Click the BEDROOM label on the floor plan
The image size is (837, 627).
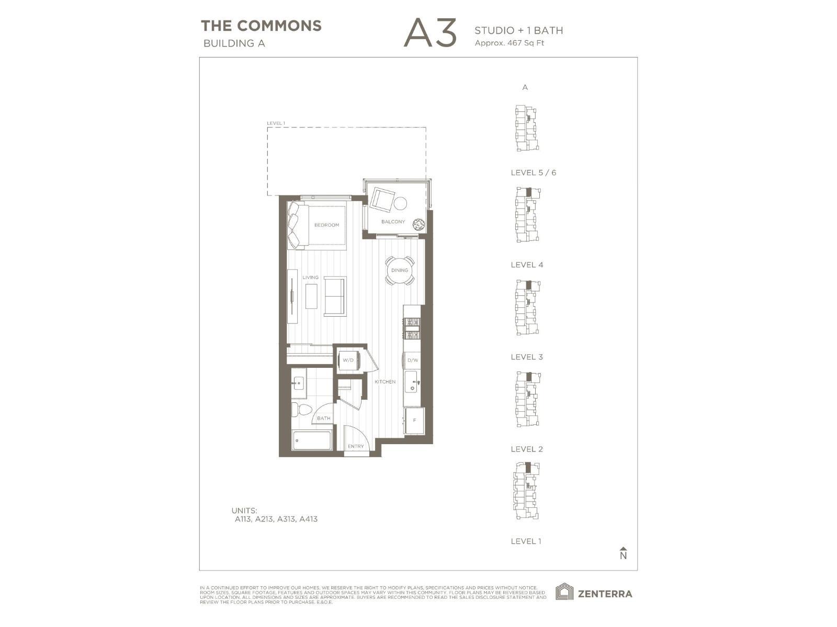pos(326,225)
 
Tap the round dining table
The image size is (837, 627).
pos(400,270)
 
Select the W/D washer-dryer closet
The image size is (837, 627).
pos(348,360)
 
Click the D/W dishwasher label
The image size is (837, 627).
pos(413,361)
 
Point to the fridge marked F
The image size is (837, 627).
pos(414,421)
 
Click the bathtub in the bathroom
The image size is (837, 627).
pos(312,440)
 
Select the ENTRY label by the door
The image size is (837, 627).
pos(356,446)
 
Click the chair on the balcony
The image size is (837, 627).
pos(382,199)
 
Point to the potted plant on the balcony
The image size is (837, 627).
pos(418,225)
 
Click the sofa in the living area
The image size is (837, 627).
pos(335,296)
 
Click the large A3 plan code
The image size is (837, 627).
pos(430,33)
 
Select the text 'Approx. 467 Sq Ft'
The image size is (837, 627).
pos(509,43)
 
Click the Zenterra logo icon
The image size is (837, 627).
pos(564,593)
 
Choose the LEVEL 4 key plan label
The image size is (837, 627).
pos(527,265)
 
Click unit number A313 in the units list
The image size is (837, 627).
pos(286,519)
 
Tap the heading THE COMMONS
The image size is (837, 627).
pos(261,26)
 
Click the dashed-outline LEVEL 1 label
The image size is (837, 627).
pos(276,123)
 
